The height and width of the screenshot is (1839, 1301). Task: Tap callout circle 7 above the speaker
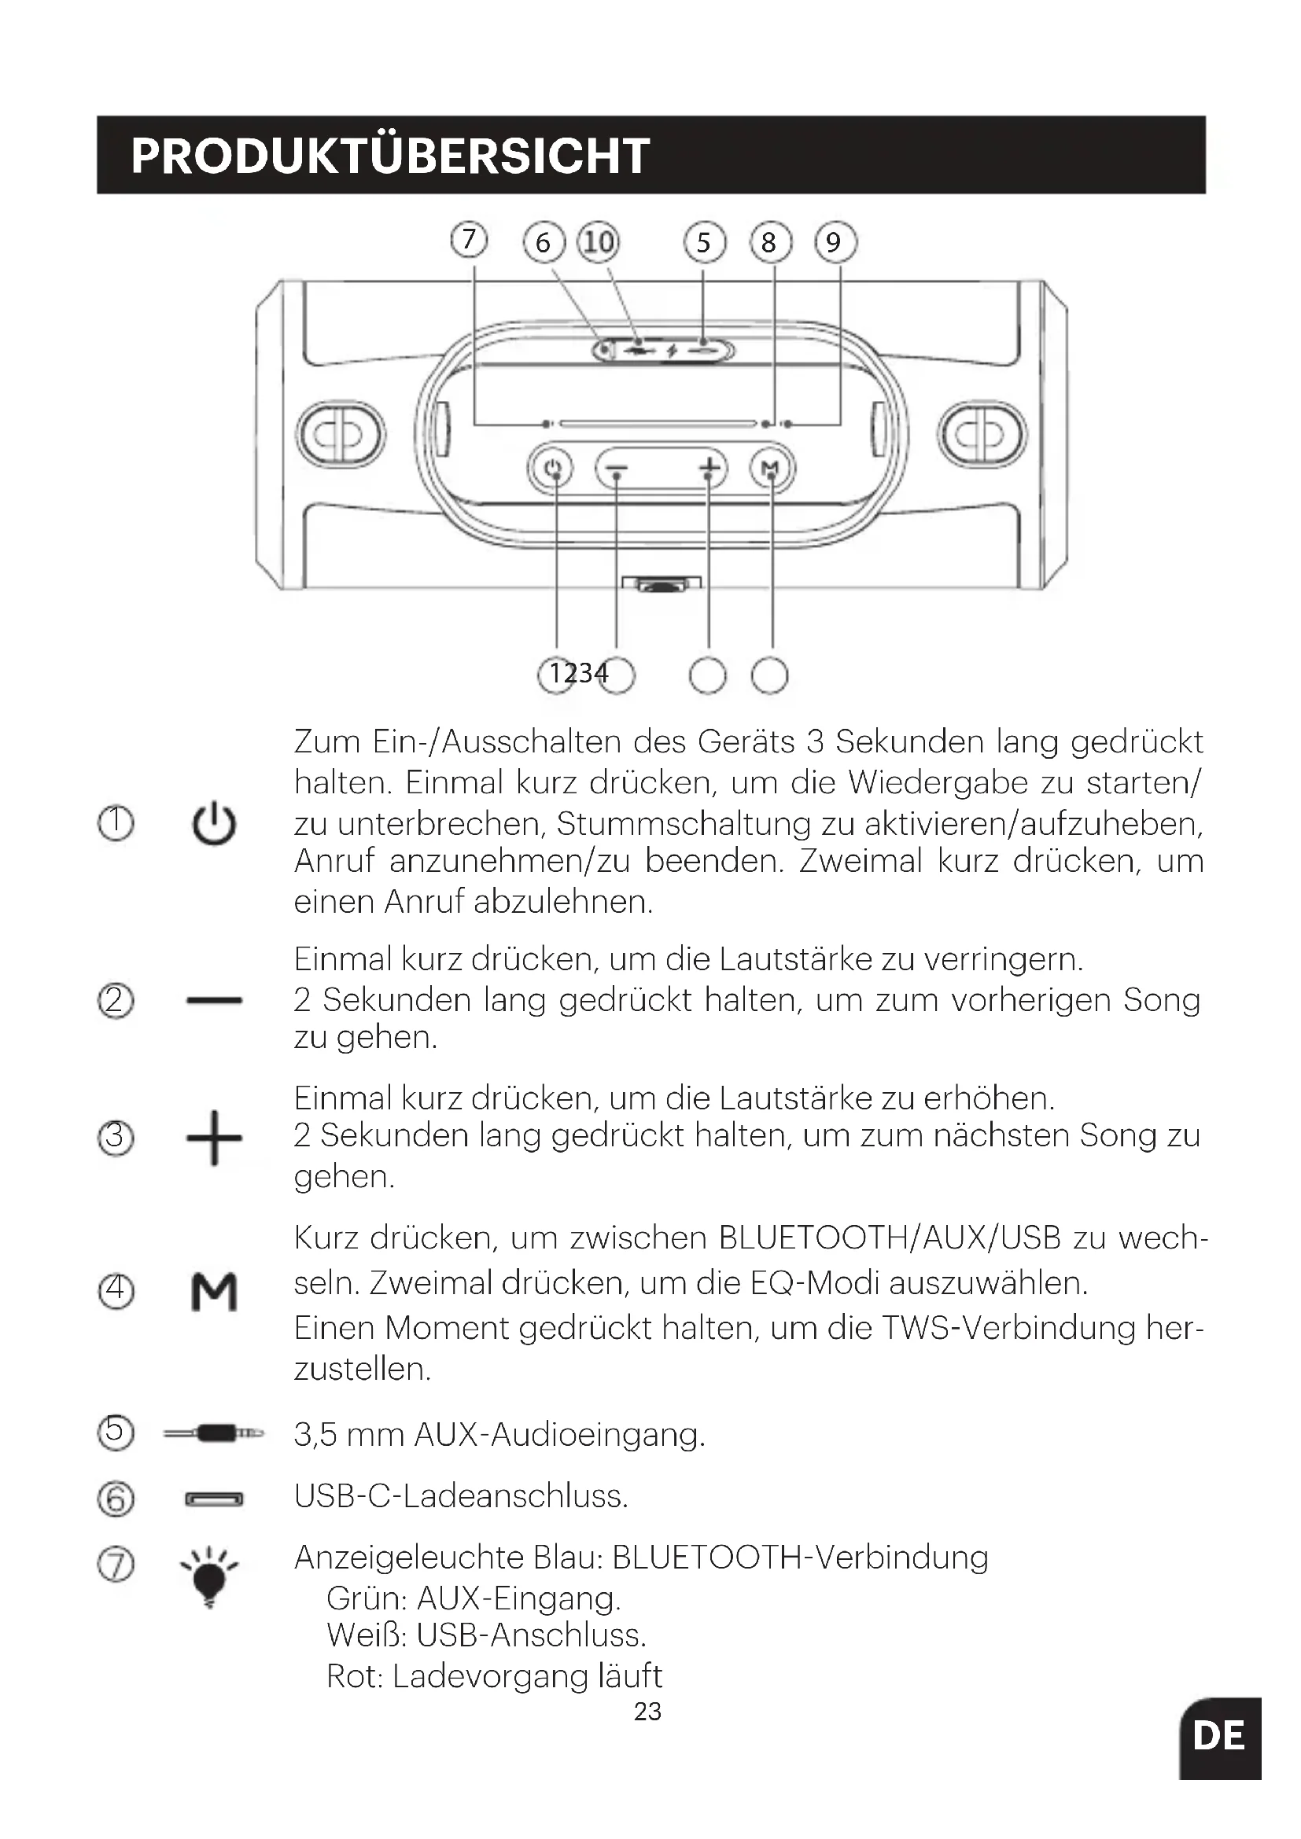pyautogui.click(x=469, y=240)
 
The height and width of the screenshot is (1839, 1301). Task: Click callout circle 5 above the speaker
pyautogui.click(x=704, y=242)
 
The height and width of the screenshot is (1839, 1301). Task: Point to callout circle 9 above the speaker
pyautogui.click(x=835, y=242)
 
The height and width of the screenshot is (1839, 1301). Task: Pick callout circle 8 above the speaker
pyautogui.click(x=769, y=242)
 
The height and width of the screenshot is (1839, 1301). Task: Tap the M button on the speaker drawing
pyautogui.click(x=771, y=468)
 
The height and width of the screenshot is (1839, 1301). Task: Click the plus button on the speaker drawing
pyautogui.click(x=709, y=468)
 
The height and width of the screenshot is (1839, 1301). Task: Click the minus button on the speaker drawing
pyautogui.click(x=617, y=469)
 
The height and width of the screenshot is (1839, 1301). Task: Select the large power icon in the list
pyautogui.click(x=214, y=824)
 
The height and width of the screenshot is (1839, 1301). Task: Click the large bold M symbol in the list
pyautogui.click(x=214, y=1292)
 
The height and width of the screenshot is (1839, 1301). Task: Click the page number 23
pyautogui.click(x=647, y=1712)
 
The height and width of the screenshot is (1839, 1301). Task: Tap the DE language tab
pyautogui.click(x=1219, y=1737)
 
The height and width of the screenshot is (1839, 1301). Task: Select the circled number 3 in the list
pyautogui.click(x=116, y=1138)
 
